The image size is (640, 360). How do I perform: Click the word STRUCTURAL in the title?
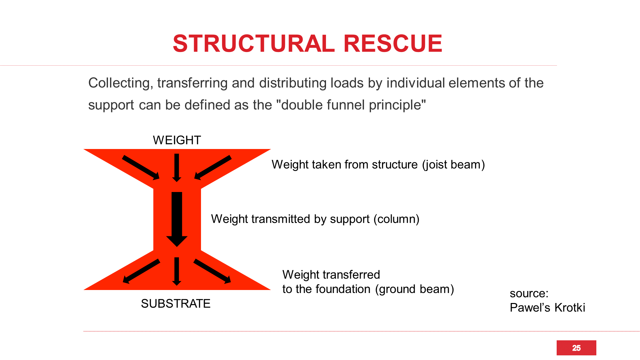254,44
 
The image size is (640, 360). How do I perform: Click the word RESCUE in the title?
393,44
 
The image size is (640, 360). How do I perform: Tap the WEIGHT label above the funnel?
177,140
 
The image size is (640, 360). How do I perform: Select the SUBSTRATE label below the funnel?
176,304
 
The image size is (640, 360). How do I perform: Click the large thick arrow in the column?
177,219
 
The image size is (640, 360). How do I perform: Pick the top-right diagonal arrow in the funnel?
213,168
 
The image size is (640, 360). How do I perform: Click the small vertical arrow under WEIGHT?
177,168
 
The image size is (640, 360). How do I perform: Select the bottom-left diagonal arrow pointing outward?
141,271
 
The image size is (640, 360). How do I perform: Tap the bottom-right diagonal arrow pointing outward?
212,271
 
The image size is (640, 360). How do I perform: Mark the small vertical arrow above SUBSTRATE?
177,271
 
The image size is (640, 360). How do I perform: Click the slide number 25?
576,348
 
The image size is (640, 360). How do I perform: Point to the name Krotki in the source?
570,308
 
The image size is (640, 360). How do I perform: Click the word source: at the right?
529,294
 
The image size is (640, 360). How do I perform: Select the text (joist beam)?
453,165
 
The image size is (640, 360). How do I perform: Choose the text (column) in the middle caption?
396,219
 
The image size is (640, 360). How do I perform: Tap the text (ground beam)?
415,289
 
